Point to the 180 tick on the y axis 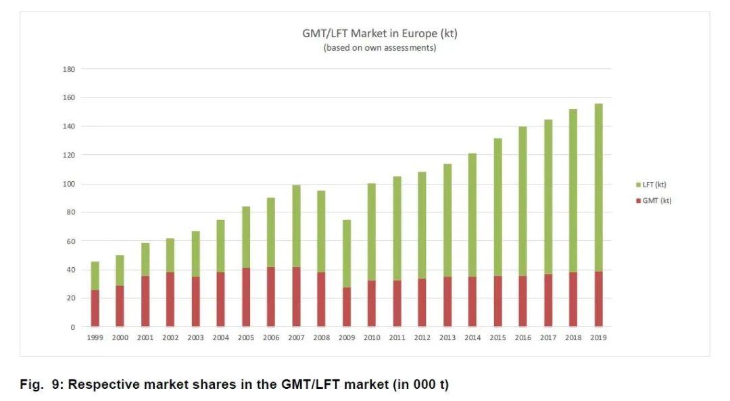pos(69,69)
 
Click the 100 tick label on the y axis pos(69,184)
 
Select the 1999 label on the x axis pos(95,337)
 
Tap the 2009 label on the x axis pos(346,337)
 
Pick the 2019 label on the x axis pos(598,337)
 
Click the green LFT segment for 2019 pos(598,187)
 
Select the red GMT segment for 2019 pos(598,299)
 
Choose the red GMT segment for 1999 pos(95,308)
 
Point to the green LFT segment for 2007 pos(296,226)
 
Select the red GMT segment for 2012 pos(422,302)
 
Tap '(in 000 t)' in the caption pos(420,385)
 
